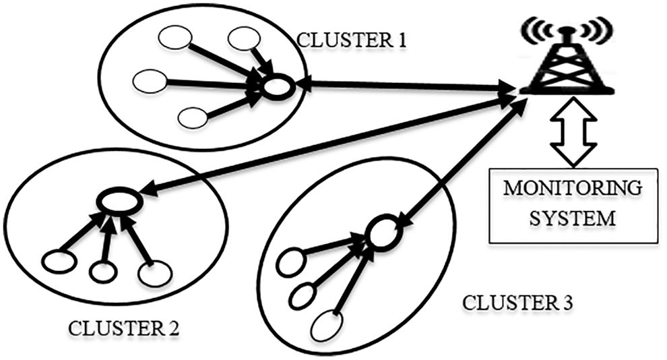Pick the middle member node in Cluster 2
click(x=103, y=271)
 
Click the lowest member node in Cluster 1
click(x=193, y=118)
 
